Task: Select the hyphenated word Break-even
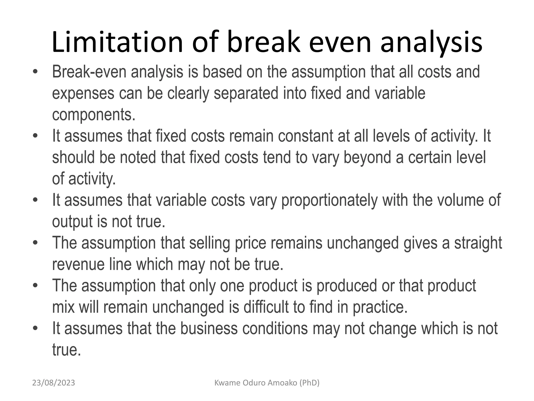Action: click(89, 72)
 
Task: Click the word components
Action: click(94, 115)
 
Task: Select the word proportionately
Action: click(329, 200)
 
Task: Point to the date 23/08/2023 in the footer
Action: click(53, 383)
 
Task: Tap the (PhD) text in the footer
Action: click(309, 383)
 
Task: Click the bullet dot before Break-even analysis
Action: click(35, 72)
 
